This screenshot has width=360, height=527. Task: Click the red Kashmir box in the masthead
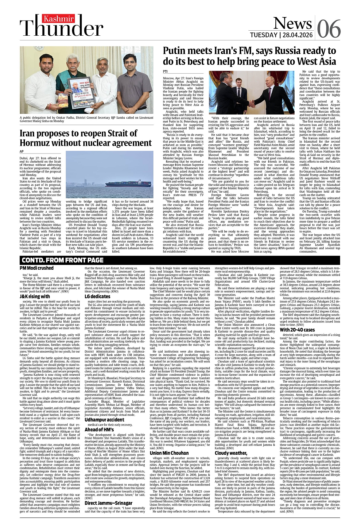63,19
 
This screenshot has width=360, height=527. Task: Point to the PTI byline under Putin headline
165,71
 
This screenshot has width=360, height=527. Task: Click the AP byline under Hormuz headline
22,152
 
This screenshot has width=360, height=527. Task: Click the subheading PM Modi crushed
37,268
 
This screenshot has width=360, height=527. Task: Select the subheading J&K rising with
35,296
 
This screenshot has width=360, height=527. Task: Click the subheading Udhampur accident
104,420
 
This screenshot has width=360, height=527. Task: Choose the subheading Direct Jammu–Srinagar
108,503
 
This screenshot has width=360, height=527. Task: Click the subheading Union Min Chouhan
169,453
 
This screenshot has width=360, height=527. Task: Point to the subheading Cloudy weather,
231,453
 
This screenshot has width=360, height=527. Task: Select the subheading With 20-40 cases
297,330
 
